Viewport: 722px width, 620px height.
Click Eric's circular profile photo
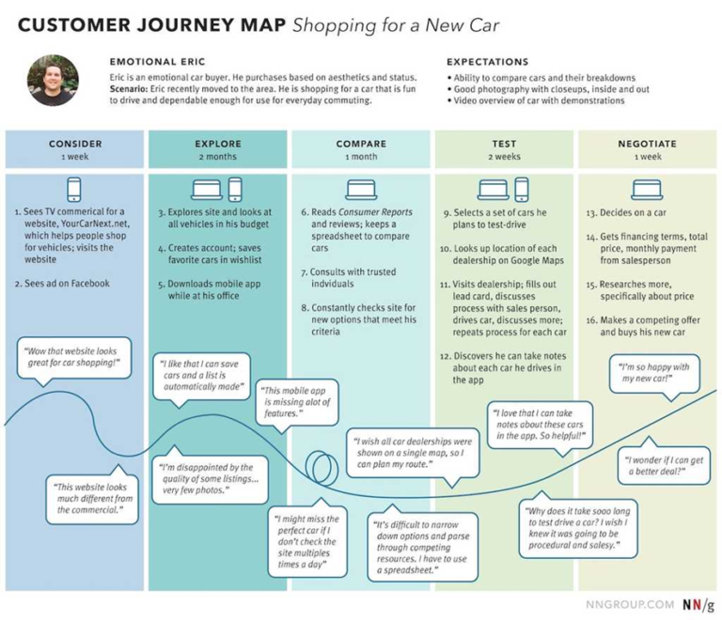click(x=53, y=80)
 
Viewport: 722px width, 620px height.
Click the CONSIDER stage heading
click(x=75, y=144)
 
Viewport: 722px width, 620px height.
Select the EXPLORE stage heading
click(x=218, y=144)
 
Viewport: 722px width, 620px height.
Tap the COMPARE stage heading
click(x=361, y=144)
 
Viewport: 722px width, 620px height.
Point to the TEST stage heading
click(x=504, y=144)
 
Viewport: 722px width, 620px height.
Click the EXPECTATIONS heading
click(x=487, y=62)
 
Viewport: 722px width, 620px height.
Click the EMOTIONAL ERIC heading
click(x=154, y=62)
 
